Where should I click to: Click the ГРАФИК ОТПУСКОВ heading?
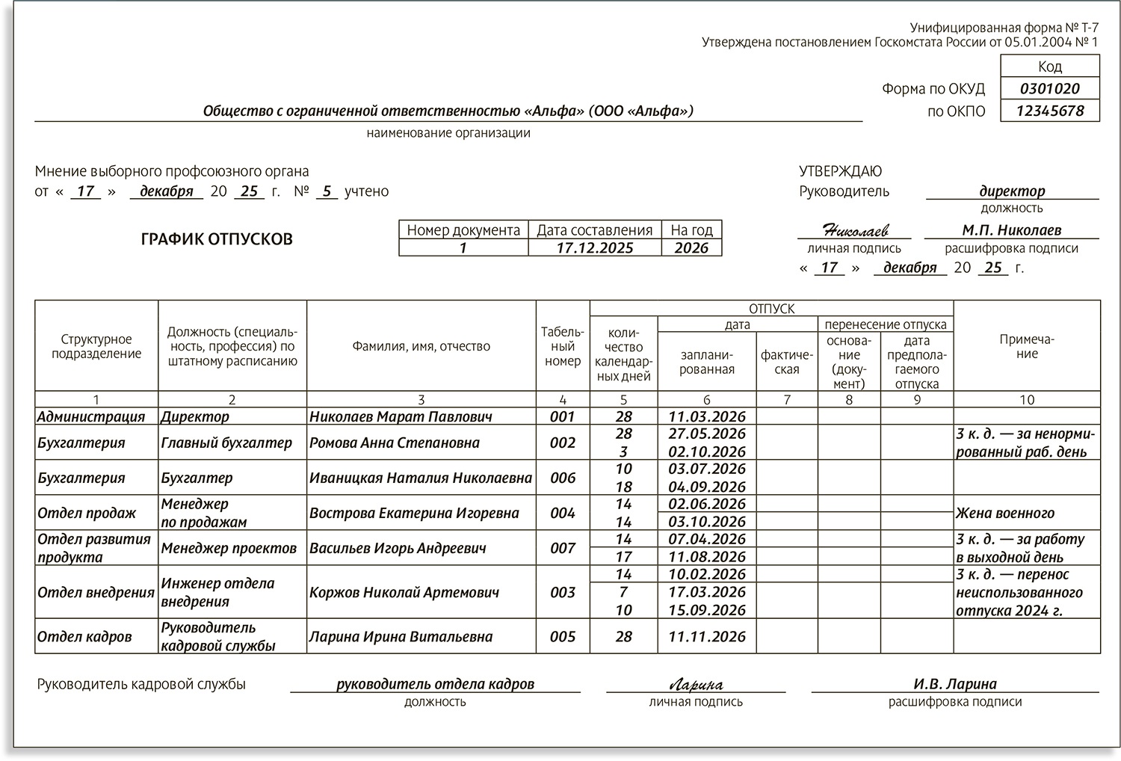217,240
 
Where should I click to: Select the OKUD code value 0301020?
1049,89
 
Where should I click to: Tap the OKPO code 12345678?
1049,111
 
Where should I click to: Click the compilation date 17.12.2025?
595,248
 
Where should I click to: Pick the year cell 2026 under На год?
691,248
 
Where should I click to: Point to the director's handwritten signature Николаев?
855,230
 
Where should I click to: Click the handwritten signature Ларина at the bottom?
696,684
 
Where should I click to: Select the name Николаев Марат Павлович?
401,416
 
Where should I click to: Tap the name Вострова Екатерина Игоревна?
414,514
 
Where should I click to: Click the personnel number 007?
562,548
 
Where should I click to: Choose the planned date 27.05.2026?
707,434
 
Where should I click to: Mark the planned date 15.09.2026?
707,610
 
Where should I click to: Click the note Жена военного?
1004,514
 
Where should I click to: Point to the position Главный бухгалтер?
226,443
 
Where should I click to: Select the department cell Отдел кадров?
84,637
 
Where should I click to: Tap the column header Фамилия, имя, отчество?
421,346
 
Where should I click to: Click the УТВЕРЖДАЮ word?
840,171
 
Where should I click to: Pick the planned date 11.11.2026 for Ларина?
707,637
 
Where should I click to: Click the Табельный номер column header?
562,346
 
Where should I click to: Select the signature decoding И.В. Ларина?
954,684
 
